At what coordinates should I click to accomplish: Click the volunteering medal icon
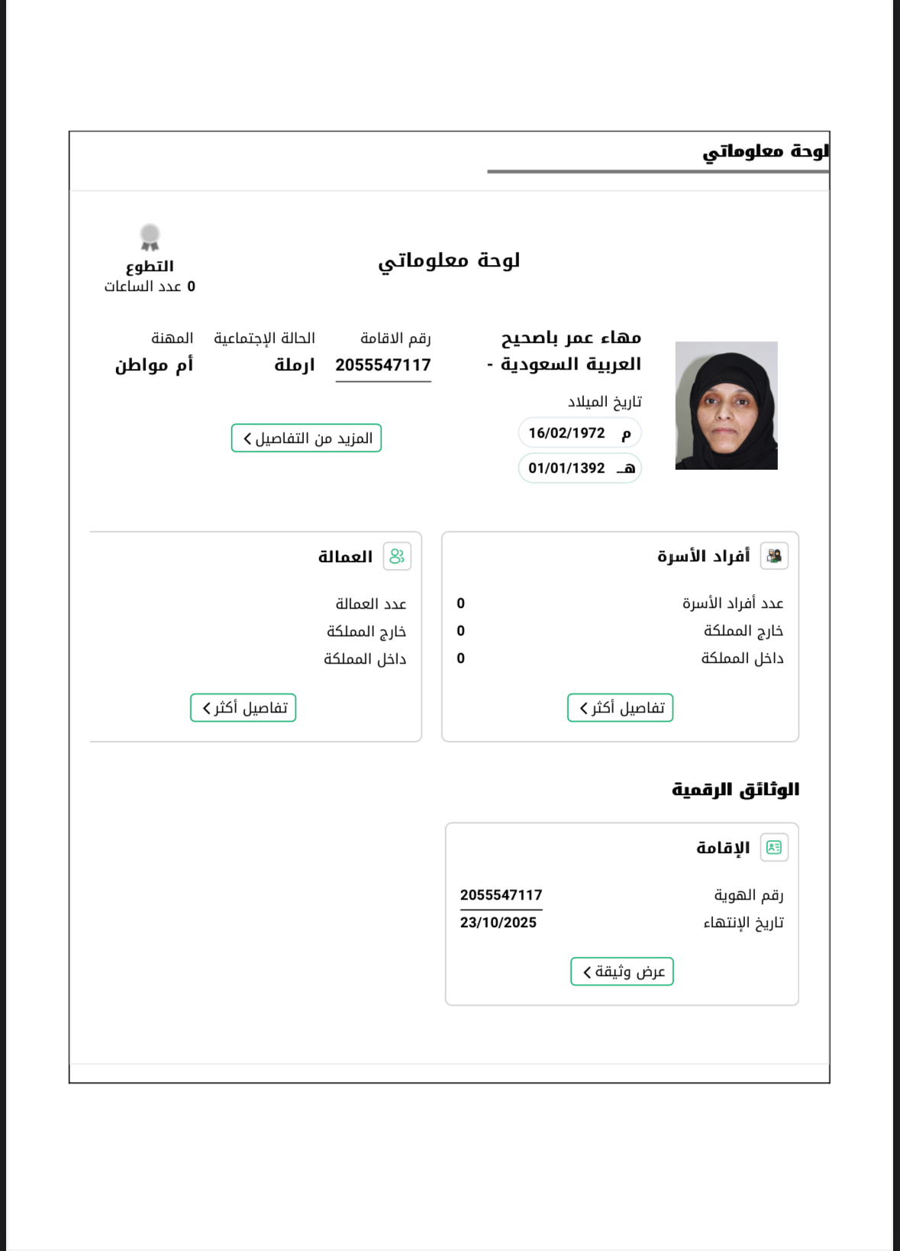click(150, 237)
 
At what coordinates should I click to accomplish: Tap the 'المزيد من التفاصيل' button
click(306, 438)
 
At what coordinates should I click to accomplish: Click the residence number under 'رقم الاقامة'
click(383, 365)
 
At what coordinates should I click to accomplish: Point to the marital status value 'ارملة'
click(295, 365)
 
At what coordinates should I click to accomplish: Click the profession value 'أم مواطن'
click(154, 365)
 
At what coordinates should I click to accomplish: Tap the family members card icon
click(774, 556)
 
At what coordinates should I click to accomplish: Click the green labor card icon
click(397, 556)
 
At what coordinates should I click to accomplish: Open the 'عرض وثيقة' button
click(622, 971)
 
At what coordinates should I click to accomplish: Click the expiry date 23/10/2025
click(498, 923)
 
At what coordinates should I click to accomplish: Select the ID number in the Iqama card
click(501, 895)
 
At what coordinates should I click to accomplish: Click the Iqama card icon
click(774, 847)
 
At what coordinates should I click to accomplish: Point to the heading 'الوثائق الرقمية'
click(735, 789)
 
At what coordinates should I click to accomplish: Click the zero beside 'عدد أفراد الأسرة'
click(461, 603)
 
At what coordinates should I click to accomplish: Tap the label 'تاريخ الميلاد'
click(605, 402)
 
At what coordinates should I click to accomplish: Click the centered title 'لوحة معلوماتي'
click(449, 260)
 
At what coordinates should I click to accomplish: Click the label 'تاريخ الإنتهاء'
click(743, 923)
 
